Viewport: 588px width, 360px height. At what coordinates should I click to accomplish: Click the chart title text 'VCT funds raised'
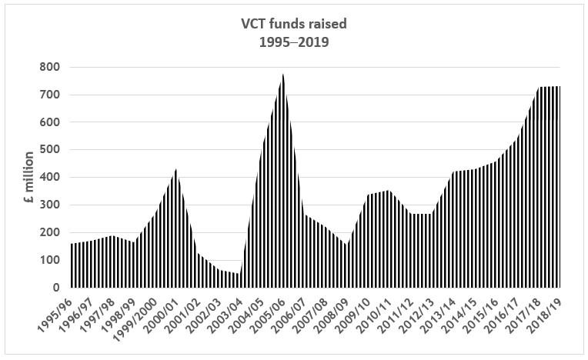293,23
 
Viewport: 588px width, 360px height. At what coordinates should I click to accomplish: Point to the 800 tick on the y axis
49,67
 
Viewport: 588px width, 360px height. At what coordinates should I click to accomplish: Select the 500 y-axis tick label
49,150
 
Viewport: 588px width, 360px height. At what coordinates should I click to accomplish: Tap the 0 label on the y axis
55,288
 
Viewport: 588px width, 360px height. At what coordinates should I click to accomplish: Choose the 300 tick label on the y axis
49,205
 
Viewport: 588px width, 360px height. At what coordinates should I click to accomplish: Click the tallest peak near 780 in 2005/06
283,75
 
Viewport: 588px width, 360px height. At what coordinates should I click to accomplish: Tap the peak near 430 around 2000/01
175,170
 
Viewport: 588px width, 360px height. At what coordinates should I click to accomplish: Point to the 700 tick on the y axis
49,95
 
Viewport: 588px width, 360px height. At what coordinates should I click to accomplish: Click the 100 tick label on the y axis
49,260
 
